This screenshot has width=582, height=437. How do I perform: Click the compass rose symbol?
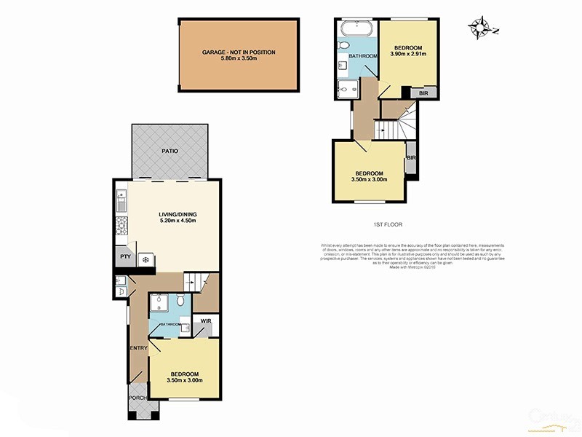(x=481, y=27)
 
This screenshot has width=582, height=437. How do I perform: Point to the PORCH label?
(x=137, y=398)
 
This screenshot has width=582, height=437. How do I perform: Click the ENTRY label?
(x=138, y=348)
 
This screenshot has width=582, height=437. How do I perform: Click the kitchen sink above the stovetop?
(x=121, y=197)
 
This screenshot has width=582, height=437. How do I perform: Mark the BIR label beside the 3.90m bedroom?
(x=423, y=93)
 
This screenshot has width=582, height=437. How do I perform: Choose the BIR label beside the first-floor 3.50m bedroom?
(x=411, y=158)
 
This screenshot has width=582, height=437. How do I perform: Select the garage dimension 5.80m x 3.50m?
(x=239, y=58)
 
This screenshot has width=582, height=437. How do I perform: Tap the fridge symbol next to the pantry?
(x=145, y=259)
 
